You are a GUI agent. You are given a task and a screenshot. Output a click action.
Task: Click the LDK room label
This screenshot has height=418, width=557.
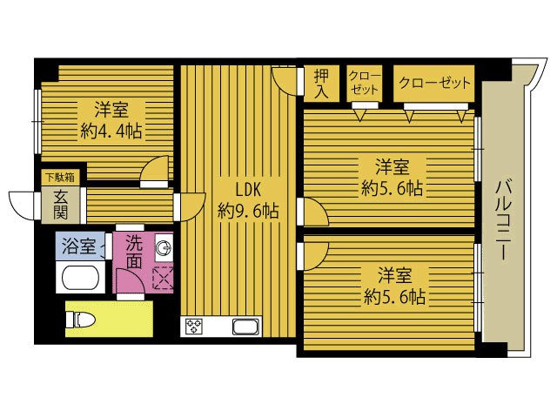click(249, 190)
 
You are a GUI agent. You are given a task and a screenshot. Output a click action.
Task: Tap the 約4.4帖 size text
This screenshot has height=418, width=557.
click(111, 131)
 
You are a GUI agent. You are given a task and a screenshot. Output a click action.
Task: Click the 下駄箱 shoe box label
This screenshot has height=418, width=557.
click(60, 177)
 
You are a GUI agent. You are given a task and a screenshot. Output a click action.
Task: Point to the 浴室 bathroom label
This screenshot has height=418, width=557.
click(79, 246)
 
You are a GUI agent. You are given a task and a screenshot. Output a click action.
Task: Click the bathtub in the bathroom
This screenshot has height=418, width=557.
click(80, 278)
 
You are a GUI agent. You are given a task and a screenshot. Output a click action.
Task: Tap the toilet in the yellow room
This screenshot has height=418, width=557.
click(81, 319)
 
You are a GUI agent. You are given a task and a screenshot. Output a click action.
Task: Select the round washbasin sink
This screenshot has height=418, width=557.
click(164, 247)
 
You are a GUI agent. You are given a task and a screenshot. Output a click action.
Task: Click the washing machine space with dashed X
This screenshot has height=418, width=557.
click(163, 278)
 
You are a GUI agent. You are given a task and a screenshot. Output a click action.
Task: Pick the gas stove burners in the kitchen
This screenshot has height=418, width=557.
click(193, 326)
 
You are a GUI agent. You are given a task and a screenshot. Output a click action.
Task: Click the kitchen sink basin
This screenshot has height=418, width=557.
click(245, 326)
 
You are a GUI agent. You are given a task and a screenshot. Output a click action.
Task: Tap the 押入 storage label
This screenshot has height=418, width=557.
click(322, 84)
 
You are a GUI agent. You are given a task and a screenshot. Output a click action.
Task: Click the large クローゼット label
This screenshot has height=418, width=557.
click(434, 84)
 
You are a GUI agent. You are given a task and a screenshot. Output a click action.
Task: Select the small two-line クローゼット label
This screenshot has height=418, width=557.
click(365, 83)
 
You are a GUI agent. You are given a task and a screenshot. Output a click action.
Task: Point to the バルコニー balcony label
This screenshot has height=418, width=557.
click(504, 220)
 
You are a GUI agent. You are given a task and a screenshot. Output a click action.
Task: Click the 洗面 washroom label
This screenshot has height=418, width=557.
click(134, 252)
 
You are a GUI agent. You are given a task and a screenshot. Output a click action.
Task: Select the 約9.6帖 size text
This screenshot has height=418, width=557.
click(248, 212)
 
